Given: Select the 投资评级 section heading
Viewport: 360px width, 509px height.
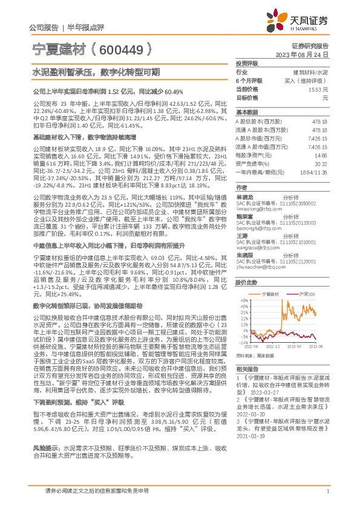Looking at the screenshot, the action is pyautogui.click(x=247, y=63).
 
